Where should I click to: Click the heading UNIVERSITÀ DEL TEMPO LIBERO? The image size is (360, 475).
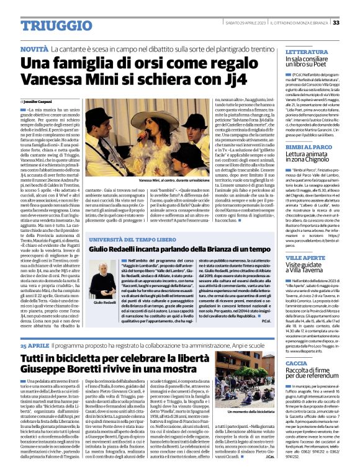click(x=124, y=221)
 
